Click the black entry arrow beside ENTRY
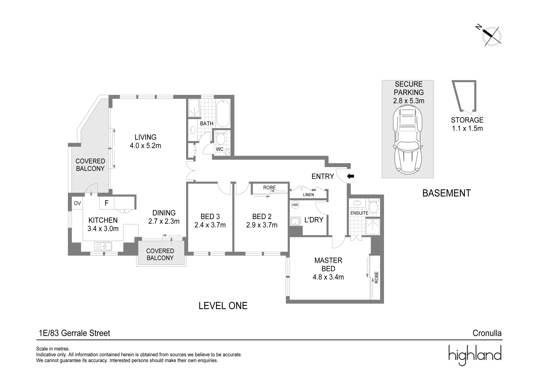point(350,176)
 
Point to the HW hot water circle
point(295,205)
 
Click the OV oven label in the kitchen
point(77,203)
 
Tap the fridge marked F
point(106,203)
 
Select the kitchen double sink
point(103,246)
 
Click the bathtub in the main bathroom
point(223,113)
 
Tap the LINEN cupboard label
point(308,194)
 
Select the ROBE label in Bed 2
point(269,187)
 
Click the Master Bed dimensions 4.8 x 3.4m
point(328,277)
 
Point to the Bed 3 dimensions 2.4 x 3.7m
point(210,225)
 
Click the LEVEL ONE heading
point(223,306)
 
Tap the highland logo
point(475,355)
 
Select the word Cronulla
point(487,333)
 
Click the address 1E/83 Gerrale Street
point(74,333)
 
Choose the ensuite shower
point(373,227)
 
